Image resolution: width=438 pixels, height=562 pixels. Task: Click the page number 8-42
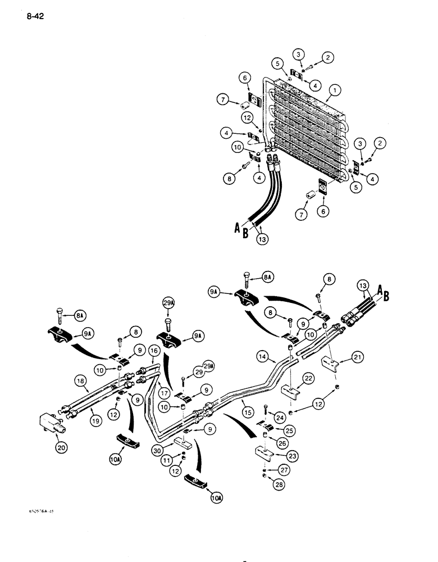pos(34,16)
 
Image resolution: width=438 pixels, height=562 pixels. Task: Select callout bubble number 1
pos(335,88)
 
